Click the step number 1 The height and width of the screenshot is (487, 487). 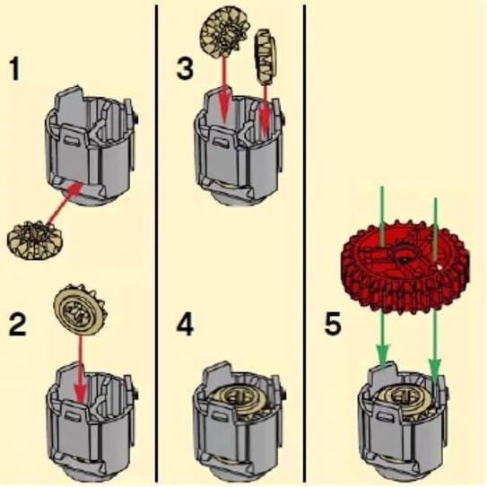coord(14,70)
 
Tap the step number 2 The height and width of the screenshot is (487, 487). coord(17,325)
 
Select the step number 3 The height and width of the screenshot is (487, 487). coord(185,68)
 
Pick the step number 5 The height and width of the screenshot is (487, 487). coord(333,324)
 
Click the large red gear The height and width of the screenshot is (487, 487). coord(405,265)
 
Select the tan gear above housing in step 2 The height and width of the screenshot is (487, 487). coord(80,310)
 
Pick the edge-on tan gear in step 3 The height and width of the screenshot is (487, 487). coord(265,57)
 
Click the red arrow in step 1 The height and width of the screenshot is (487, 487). coord(65,203)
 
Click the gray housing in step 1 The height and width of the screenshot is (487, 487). coord(90,146)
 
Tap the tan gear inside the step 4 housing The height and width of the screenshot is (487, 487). coord(238,401)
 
